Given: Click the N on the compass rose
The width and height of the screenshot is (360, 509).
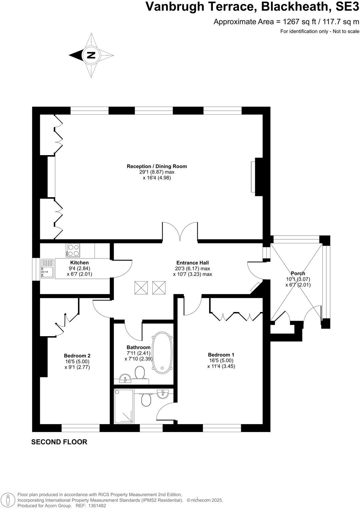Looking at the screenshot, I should pos(91,55).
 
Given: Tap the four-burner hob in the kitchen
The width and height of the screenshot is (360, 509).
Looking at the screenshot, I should pos(73,250).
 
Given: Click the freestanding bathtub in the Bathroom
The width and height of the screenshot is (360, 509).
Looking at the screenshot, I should pos(162,352).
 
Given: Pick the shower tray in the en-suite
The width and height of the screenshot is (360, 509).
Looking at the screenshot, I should pos(124,406).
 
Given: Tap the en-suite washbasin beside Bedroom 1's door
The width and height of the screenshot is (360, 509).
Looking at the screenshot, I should pos(163,394).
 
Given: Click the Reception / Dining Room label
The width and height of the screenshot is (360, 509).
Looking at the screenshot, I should pos(157,166).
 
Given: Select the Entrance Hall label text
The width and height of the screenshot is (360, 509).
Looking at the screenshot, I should pos(192,262).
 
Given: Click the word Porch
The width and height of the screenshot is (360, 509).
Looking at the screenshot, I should pos(298,273).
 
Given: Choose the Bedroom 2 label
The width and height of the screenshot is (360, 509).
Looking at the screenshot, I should pos(77,355).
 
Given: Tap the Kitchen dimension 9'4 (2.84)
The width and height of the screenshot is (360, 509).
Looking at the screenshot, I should pos(79,268).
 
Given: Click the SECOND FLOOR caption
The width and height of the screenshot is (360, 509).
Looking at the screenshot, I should pos(59,442).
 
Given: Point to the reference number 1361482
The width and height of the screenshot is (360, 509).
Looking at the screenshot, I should pos(96,505).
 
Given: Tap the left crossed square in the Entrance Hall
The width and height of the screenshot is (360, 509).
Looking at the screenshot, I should pos(141,287).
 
